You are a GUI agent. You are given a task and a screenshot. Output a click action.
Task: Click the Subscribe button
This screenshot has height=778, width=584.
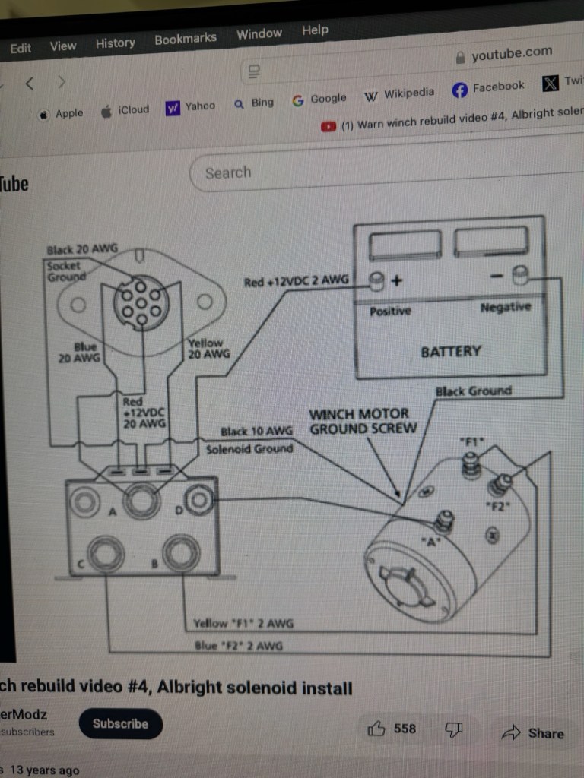[120, 723]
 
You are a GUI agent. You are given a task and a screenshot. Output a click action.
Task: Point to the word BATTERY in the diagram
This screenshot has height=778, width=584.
[451, 351]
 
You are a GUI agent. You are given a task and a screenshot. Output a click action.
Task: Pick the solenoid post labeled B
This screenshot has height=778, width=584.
[181, 552]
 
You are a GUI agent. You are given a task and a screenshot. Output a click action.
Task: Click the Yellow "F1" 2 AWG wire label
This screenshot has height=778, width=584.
[243, 624]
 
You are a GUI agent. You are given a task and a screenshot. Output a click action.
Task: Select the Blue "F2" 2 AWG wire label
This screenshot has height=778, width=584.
[240, 646]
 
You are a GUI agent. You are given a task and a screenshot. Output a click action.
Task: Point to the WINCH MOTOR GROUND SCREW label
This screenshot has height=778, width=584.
[363, 421]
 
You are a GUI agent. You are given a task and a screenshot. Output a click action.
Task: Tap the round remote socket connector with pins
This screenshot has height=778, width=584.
[141, 302]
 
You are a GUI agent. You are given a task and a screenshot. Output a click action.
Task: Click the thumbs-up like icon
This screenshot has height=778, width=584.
[376, 729]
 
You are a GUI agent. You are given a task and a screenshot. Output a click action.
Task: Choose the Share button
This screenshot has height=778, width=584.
[533, 733]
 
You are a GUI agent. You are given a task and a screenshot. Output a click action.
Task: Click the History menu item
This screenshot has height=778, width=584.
[115, 43]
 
